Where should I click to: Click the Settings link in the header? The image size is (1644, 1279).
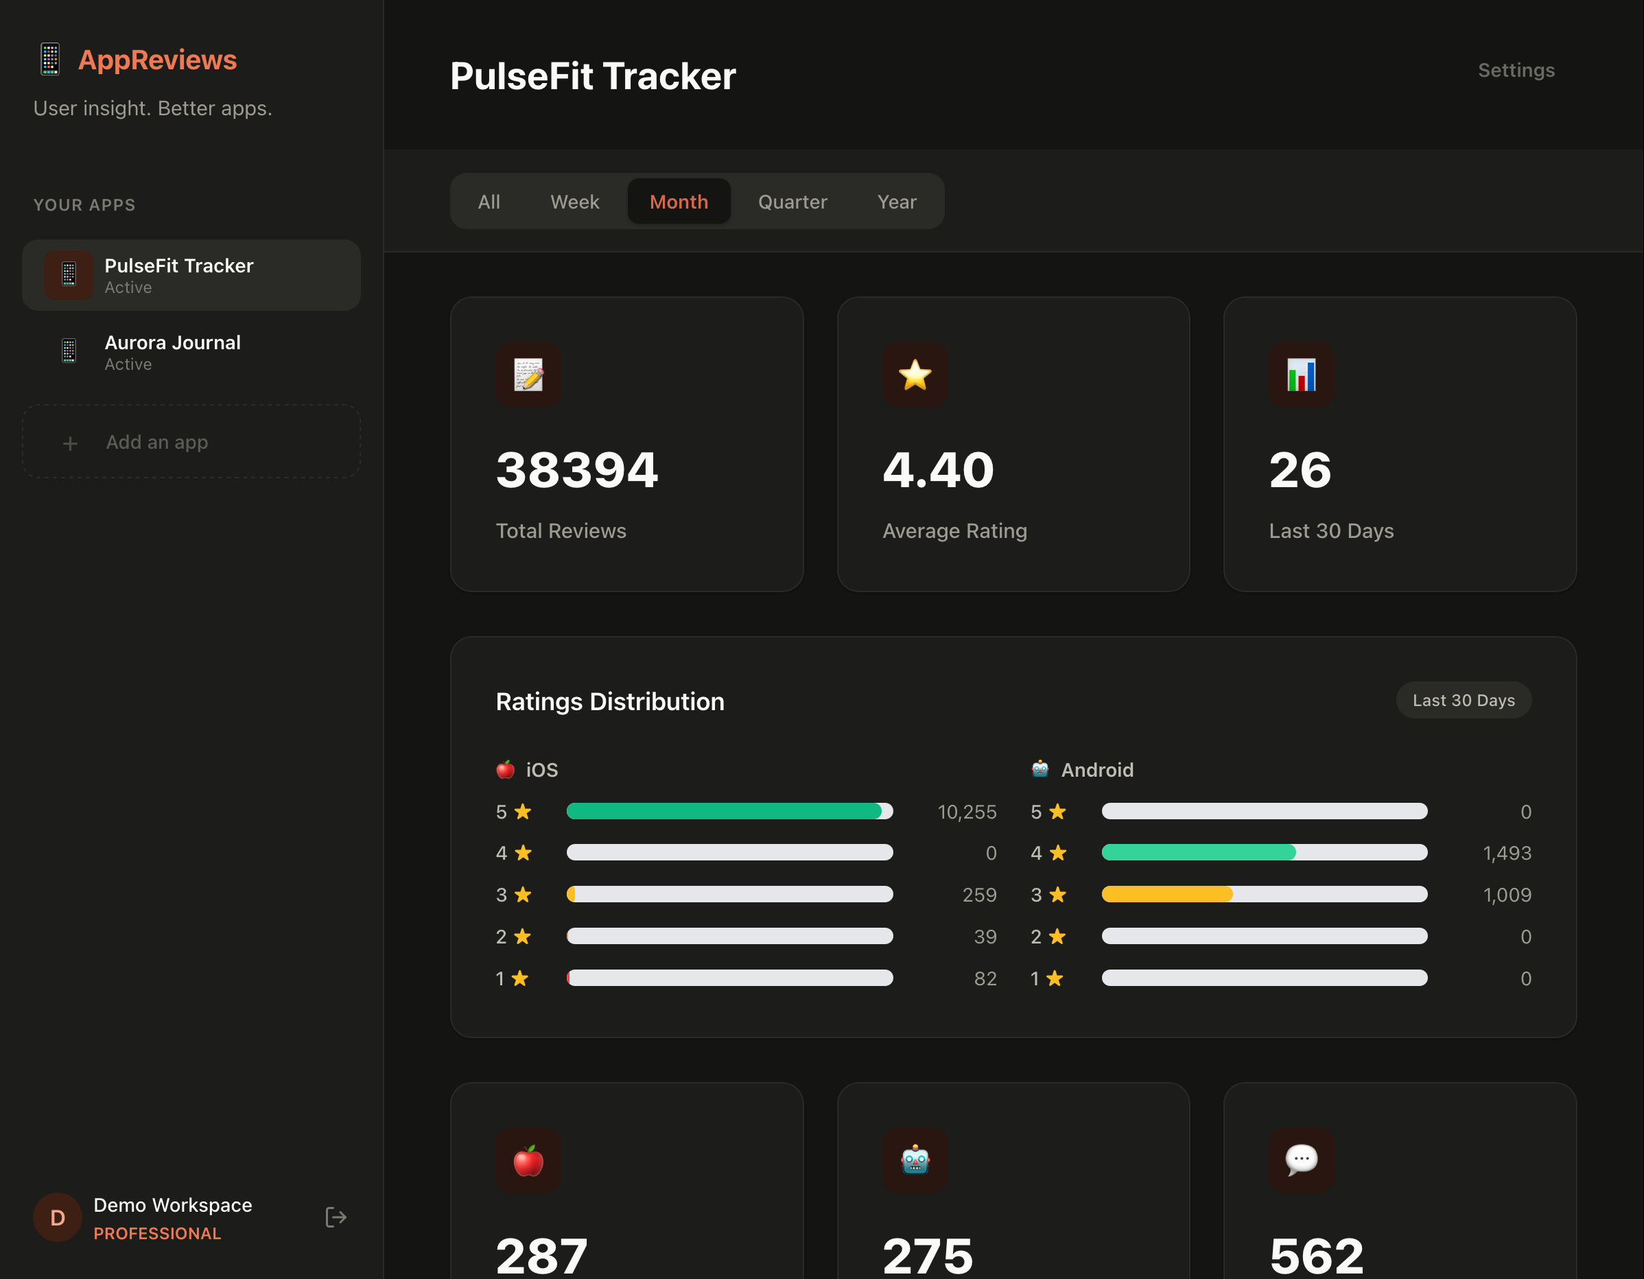pos(1515,70)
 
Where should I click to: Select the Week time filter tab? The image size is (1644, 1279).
pos(574,202)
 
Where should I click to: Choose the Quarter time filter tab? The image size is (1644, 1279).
pos(792,202)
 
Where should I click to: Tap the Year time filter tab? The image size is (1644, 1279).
pos(897,202)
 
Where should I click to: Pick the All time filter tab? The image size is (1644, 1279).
pos(489,202)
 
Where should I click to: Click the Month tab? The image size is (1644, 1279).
pos(678,202)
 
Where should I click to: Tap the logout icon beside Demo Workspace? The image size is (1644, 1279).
pos(336,1217)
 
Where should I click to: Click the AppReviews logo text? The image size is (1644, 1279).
pos(157,60)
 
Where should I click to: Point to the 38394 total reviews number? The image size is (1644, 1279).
pos(576,471)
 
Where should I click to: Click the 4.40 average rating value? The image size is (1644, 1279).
pos(938,471)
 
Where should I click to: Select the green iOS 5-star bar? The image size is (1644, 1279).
pos(723,811)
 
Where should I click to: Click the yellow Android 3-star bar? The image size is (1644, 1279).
pos(1166,894)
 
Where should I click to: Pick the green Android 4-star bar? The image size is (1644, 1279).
pos(1199,852)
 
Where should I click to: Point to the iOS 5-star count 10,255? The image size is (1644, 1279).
pos(967,812)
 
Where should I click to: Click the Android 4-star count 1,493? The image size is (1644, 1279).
pos(1506,853)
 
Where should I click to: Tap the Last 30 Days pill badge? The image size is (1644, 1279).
pos(1464,700)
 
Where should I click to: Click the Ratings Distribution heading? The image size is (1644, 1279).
pos(610,702)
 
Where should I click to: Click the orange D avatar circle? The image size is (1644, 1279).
pos(57,1217)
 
